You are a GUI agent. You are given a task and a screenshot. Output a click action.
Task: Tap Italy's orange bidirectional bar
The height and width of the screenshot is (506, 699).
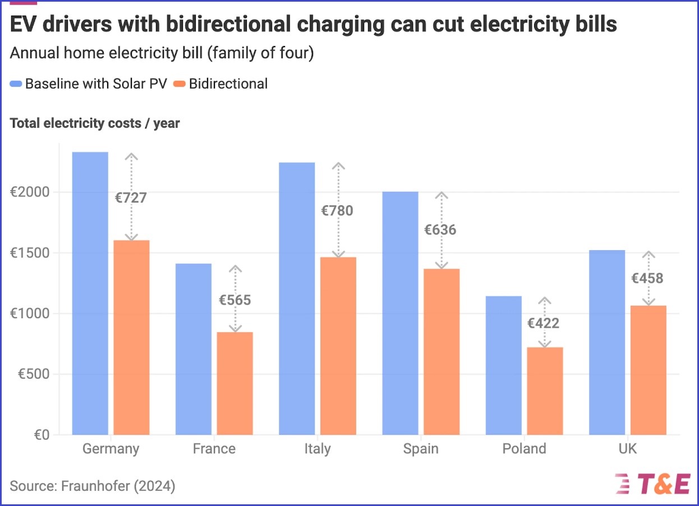338,346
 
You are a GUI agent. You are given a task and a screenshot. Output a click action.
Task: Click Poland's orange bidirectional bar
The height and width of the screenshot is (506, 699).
545,391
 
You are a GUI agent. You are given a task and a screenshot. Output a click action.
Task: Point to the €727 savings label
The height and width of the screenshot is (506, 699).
131,198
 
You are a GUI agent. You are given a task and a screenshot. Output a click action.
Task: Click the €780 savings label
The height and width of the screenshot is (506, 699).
337,211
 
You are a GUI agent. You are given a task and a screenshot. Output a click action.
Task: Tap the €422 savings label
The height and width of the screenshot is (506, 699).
543,324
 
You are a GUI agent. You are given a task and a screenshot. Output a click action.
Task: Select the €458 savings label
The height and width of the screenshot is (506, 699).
647,278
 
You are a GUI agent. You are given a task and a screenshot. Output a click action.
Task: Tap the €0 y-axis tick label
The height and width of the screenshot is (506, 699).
39,435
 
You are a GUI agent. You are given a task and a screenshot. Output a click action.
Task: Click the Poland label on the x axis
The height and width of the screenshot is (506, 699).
524,449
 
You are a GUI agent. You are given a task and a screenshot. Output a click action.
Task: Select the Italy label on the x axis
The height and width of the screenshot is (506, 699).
318,449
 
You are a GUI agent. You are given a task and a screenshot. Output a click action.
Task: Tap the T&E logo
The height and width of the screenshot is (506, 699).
654,484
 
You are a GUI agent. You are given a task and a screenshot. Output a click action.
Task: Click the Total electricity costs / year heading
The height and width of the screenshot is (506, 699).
95,123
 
